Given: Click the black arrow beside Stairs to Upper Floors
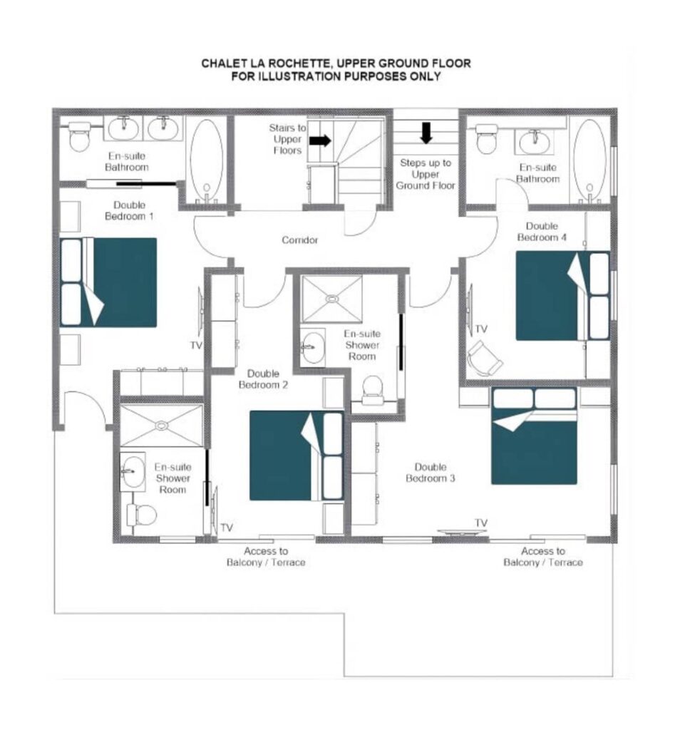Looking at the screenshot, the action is [320, 140].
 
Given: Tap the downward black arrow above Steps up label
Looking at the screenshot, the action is [426, 133].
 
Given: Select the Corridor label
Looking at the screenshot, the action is [300, 240].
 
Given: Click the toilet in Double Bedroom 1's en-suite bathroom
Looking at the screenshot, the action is [79, 136].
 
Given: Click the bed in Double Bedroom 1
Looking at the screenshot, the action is [108, 282].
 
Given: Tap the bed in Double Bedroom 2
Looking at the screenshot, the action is [297, 456].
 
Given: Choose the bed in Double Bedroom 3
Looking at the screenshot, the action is [535, 436].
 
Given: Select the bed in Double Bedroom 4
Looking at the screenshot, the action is [562, 296].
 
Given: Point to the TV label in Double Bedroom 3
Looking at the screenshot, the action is [481, 523].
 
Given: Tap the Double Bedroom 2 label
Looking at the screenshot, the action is [263, 379].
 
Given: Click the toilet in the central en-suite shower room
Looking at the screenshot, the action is [372, 389].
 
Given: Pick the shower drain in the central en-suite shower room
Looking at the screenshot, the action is [331, 299].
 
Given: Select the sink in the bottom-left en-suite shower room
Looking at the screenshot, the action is [133, 471].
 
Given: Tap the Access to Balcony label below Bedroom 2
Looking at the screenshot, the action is [266, 557].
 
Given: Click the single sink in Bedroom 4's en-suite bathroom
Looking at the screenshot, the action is [535, 142].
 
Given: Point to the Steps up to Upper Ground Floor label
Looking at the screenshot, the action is [426, 174].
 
